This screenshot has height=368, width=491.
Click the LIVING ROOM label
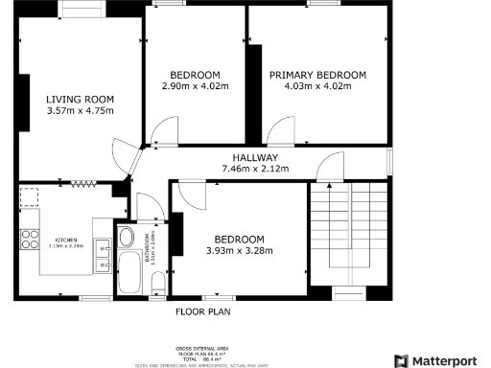coord(81,99)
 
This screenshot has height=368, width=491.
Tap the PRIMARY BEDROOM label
coord(317,76)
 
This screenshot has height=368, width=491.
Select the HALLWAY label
coord(255,158)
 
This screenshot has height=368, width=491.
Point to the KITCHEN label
coord(65,239)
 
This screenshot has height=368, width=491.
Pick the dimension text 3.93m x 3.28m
coord(239,251)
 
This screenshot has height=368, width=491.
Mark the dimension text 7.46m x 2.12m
coord(255,170)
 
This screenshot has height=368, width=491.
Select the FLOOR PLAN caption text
coord(201,311)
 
